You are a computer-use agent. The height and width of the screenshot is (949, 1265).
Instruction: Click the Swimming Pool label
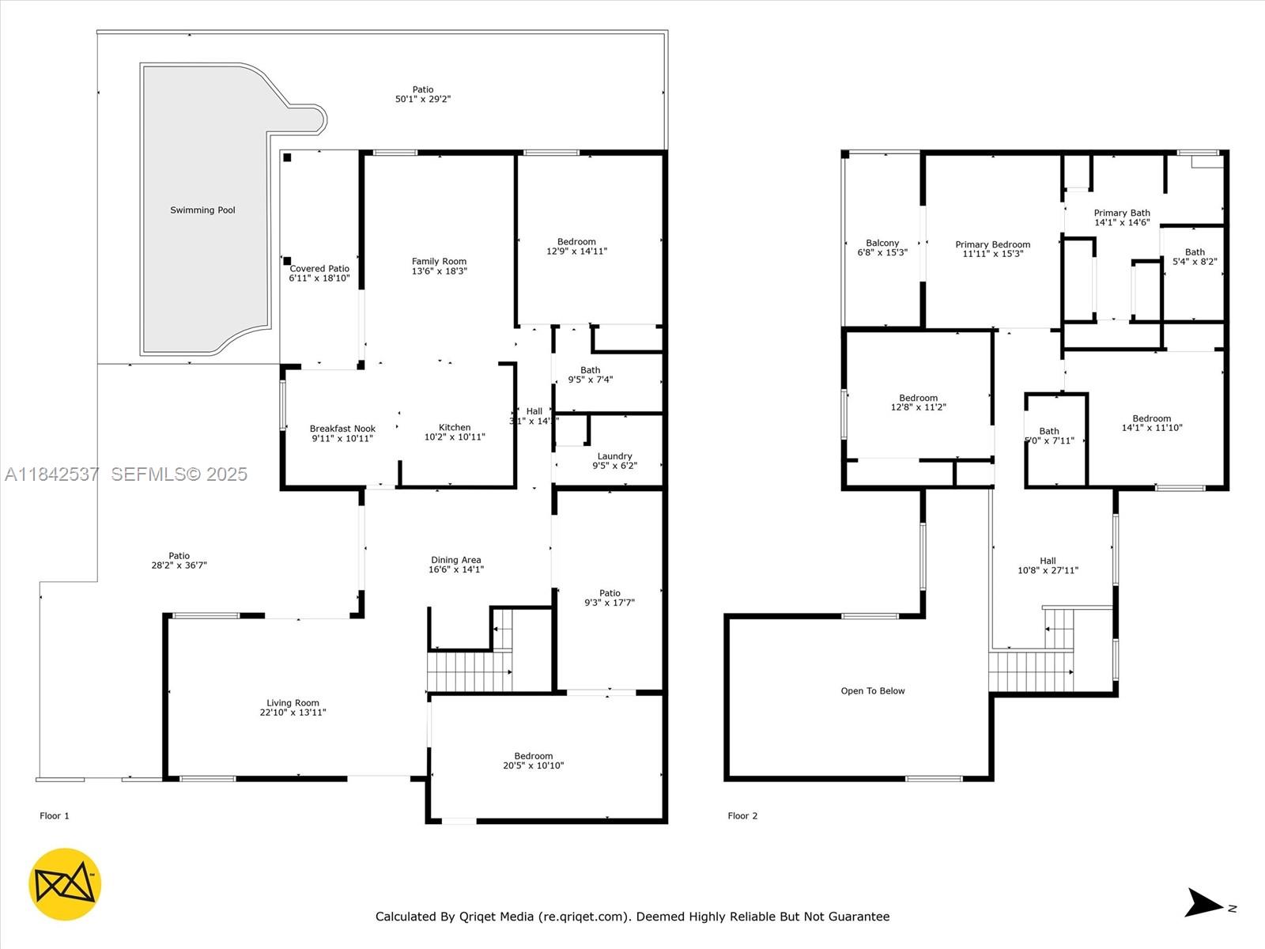(x=202, y=210)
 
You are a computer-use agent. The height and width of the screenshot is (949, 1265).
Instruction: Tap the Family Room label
(x=439, y=262)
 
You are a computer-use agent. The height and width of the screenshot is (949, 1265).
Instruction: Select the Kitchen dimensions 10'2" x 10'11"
(x=455, y=437)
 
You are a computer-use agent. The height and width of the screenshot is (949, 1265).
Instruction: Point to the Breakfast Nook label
(x=342, y=429)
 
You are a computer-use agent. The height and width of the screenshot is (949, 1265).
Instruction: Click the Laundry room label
(x=614, y=456)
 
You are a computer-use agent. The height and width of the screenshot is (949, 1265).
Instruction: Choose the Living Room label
(x=293, y=703)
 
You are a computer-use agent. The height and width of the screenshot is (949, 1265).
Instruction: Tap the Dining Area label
(x=455, y=560)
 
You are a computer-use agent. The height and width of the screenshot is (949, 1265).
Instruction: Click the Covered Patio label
(x=319, y=269)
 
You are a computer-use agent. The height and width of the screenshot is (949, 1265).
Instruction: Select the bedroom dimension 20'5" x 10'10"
(x=534, y=766)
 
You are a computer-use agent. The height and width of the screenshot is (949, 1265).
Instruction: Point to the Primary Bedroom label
(x=992, y=244)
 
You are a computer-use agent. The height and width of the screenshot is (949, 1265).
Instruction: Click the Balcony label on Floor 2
(x=882, y=243)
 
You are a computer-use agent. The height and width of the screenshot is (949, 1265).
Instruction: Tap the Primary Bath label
(x=1121, y=213)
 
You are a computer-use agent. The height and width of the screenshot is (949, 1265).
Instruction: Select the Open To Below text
(x=873, y=691)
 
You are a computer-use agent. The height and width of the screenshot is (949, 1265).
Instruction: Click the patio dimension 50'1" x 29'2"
(x=423, y=100)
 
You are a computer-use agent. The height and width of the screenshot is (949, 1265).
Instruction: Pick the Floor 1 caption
(x=55, y=816)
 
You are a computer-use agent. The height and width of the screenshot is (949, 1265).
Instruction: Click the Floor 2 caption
(x=742, y=816)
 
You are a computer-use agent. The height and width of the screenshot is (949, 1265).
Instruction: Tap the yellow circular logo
(x=65, y=884)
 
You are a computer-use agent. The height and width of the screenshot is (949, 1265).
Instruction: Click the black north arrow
(x=1203, y=903)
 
